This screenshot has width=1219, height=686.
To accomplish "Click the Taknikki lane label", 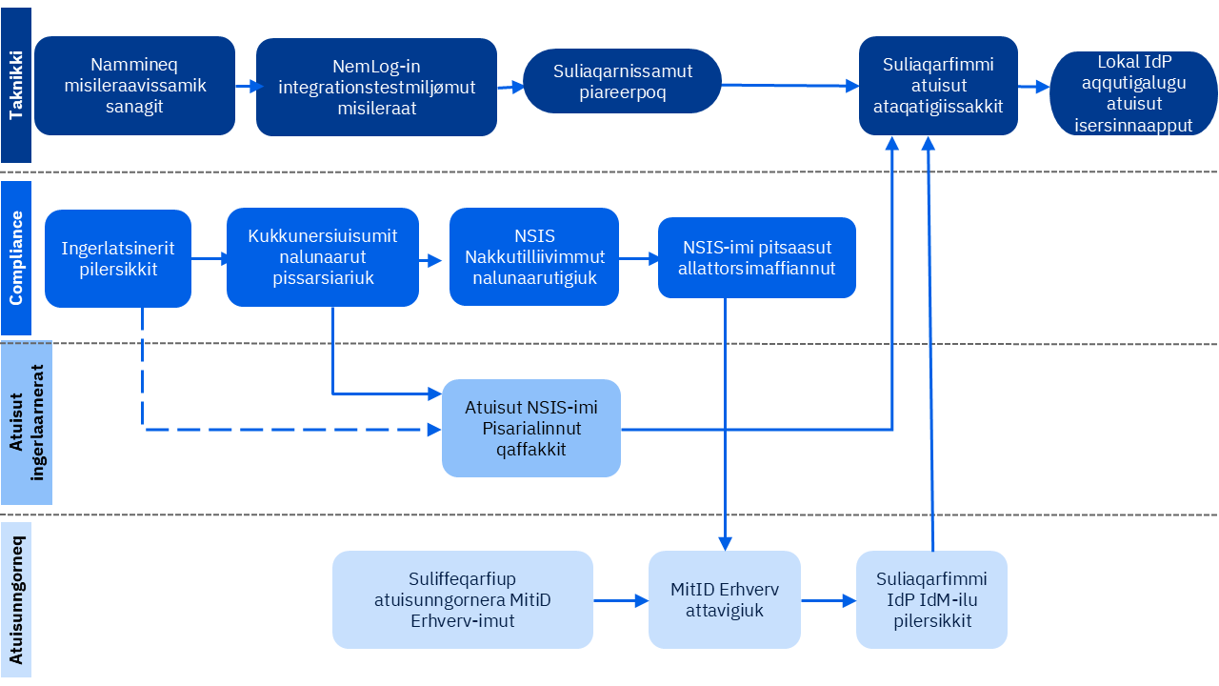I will coord(16,86).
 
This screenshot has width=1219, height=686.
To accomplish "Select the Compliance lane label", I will coord(16,258).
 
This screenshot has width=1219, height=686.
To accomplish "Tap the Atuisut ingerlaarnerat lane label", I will coord(27,424).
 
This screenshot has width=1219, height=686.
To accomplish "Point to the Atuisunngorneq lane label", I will coord(16,599).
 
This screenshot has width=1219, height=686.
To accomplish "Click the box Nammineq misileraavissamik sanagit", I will coord(134,86).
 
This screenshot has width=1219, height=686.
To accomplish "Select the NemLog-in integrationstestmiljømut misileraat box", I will coord(376,87).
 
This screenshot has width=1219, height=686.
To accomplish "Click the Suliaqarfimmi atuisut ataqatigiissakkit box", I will coord(938,86).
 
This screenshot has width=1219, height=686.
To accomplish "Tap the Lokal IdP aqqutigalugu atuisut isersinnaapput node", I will coord(1133,94).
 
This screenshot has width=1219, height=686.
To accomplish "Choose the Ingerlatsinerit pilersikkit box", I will coord(118,258).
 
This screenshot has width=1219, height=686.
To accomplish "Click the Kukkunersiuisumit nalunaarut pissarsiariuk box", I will coord(323,257).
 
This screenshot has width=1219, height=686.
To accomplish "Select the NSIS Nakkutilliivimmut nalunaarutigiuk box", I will coord(534,257).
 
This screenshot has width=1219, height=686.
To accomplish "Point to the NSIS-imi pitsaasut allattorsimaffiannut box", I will coord(757,257).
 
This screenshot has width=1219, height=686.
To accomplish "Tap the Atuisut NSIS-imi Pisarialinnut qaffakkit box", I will coord(531,428).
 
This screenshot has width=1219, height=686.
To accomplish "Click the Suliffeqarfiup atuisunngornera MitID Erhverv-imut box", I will coord(463,599).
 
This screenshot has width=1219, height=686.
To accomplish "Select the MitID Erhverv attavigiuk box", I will coord(725,599).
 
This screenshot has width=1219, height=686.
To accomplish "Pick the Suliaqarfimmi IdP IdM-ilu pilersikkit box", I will coord(931,599).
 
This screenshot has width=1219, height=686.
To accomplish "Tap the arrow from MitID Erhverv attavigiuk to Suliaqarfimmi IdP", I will coord(828,600).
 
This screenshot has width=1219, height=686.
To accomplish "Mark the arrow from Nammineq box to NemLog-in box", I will coord(246,87).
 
